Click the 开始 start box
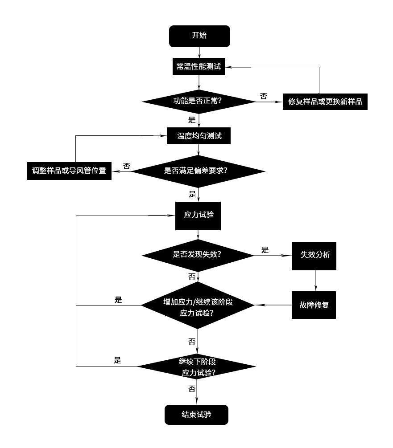(x=199, y=36)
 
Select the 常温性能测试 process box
(x=198, y=67)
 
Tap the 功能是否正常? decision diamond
(x=198, y=101)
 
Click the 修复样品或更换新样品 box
(x=325, y=102)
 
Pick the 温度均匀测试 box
(x=199, y=136)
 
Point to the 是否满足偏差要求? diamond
(x=198, y=171)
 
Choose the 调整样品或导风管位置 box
(x=69, y=171)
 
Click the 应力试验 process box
(x=198, y=215)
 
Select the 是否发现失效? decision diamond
(x=198, y=255)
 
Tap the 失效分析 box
(x=314, y=255)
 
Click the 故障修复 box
(x=314, y=305)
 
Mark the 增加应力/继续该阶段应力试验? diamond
(x=198, y=305)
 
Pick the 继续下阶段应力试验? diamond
(x=197, y=367)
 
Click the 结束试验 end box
(x=196, y=415)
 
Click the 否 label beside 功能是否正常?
(x=264, y=96)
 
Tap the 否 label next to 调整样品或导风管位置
(x=127, y=166)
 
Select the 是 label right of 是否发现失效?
(x=265, y=250)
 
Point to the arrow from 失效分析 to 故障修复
(x=315, y=281)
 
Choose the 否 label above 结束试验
(x=192, y=389)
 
